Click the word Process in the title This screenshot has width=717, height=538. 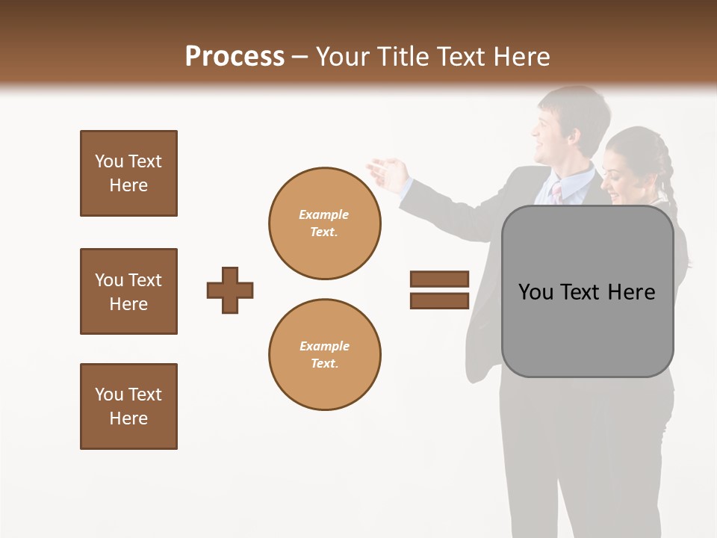click(x=235, y=57)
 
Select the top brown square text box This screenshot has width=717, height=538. click(x=128, y=173)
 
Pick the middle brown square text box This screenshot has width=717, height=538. click(x=128, y=291)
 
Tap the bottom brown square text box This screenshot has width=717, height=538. click(x=128, y=406)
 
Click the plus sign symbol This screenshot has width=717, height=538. click(x=230, y=290)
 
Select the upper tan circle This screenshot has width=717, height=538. click(x=324, y=223)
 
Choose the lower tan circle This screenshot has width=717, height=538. click(x=324, y=354)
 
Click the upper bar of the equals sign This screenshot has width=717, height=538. click(x=439, y=279)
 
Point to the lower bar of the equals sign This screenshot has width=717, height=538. click(x=439, y=300)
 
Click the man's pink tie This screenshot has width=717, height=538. click(x=556, y=193)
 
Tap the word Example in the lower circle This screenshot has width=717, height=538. click(x=324, y=346)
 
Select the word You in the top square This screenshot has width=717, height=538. click(x=109, y=161)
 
